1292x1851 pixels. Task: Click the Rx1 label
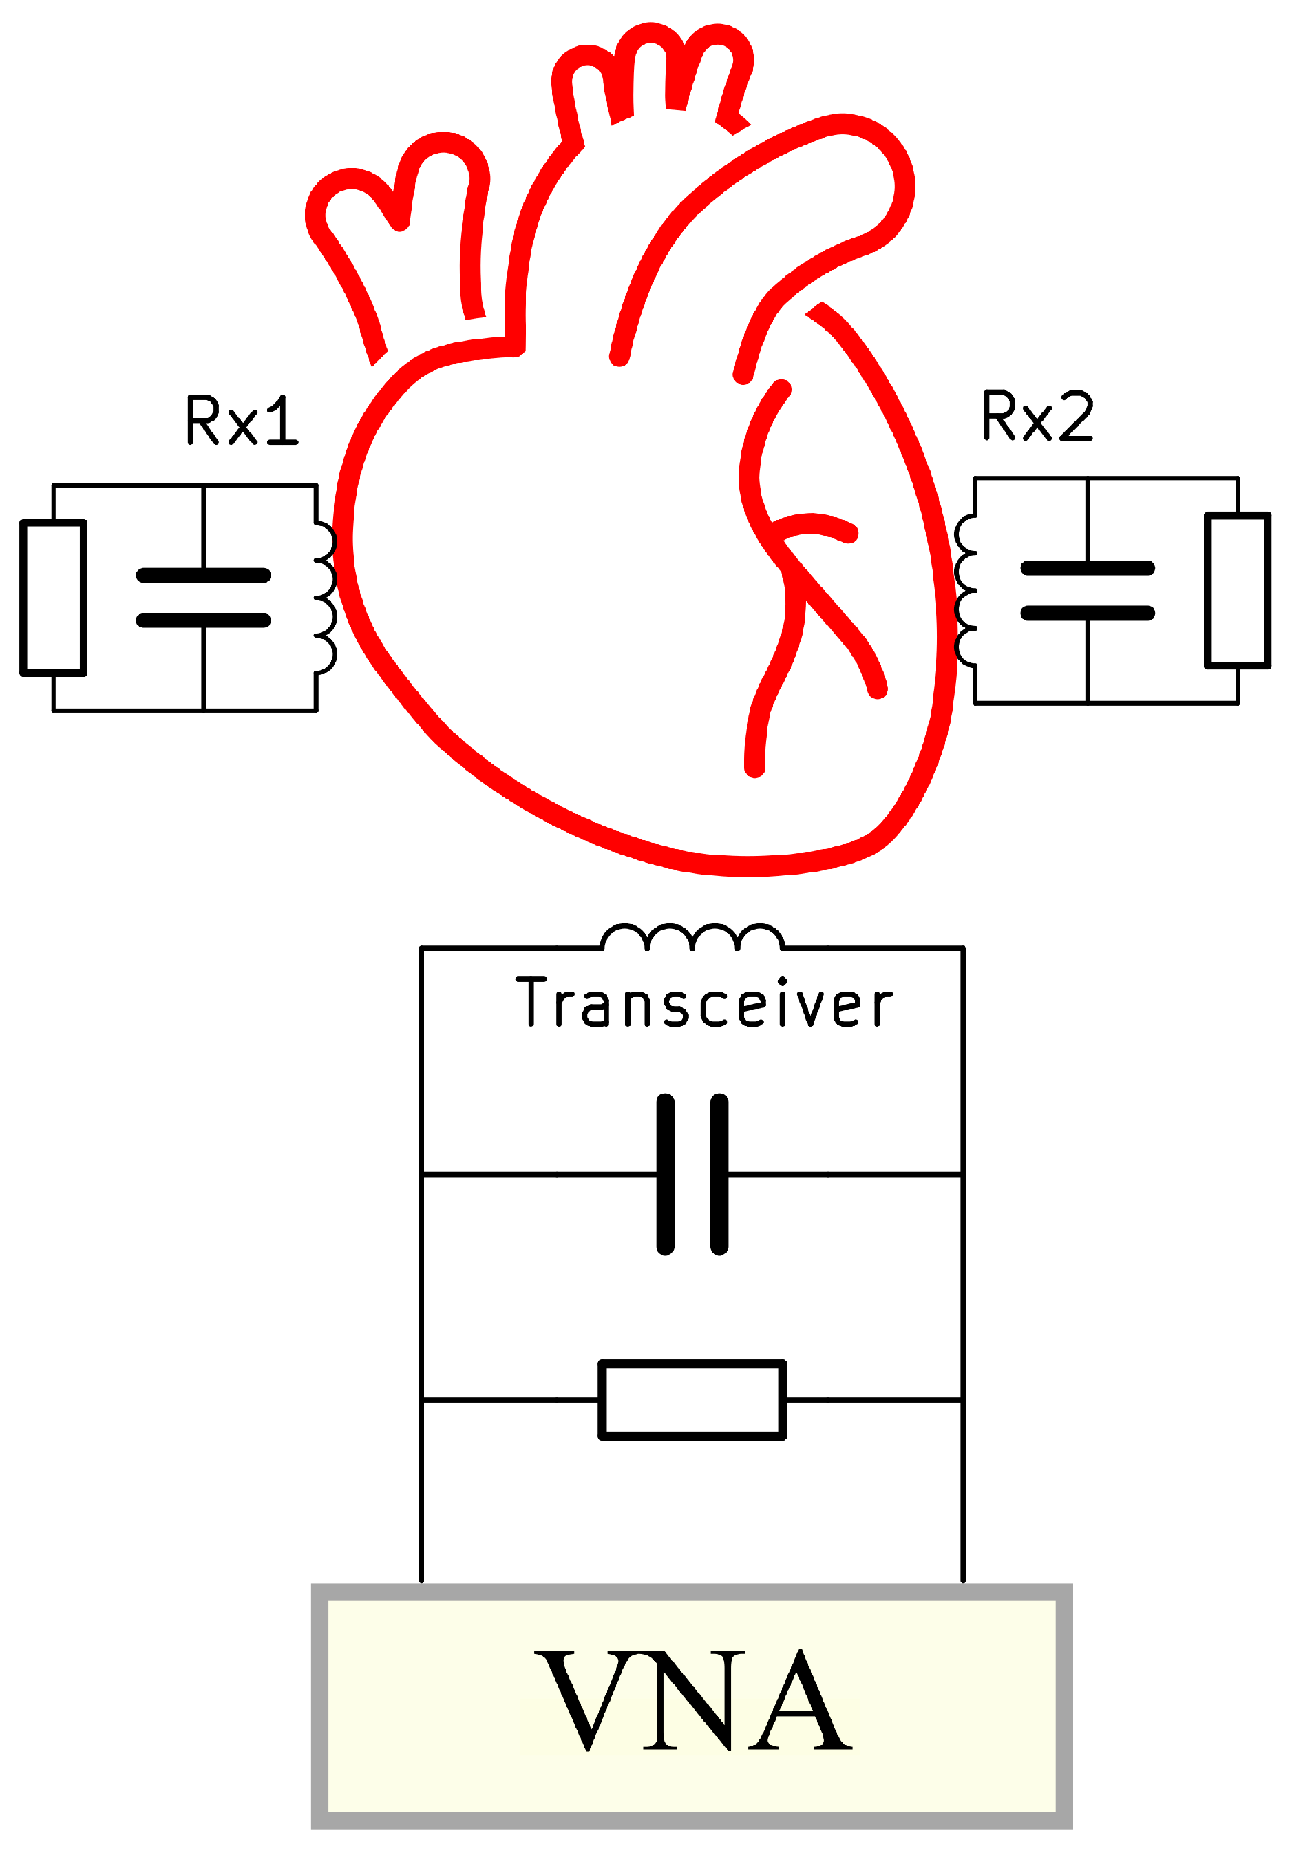point(241,420)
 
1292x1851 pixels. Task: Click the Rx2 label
point(1037,416)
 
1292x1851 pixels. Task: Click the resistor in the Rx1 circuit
point(53,598)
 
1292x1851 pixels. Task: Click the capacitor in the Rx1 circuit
point(203,598)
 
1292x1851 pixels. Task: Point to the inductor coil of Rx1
point(324,598)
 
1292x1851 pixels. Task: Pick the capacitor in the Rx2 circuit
point(1088,591)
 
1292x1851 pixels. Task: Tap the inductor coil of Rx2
point(966,591)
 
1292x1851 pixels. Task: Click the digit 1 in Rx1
point(282,420)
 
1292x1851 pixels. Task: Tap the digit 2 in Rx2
point(1077,416)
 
